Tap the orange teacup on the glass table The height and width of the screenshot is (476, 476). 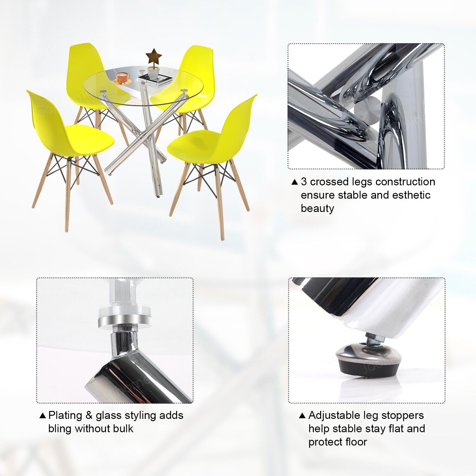click(122, 77)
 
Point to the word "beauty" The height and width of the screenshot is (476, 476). click(317, 208)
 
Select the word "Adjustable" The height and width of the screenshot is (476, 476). click(334, 415)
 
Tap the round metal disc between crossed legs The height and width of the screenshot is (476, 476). click(367, 110)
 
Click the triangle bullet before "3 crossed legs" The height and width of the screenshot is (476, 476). click(295, 182)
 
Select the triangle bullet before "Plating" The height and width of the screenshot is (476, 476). click(43, 416)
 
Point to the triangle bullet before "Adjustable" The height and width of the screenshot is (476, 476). click(302, 416)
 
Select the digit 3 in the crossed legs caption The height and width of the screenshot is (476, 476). click(304, 182)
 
